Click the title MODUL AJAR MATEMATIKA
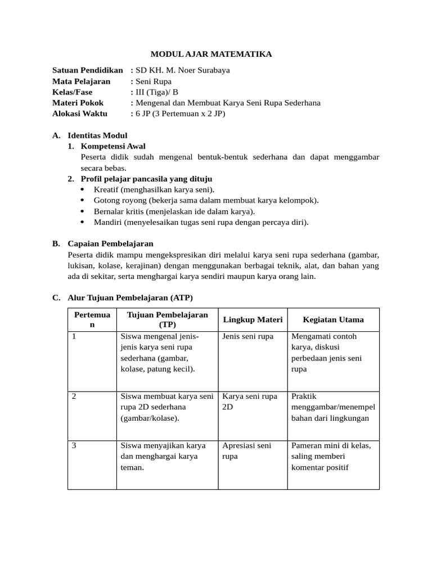tap(211, 54)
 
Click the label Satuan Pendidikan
tap(87, 70)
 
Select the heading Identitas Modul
tap(97, 135)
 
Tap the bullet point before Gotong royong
tap(83, 200)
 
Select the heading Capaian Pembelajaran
tap(110, 244)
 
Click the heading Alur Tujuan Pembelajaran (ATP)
tap(130, 298)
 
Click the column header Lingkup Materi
tap(253, 319)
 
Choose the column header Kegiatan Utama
tap(333, 319)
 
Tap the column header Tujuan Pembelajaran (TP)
tap(167, 319)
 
